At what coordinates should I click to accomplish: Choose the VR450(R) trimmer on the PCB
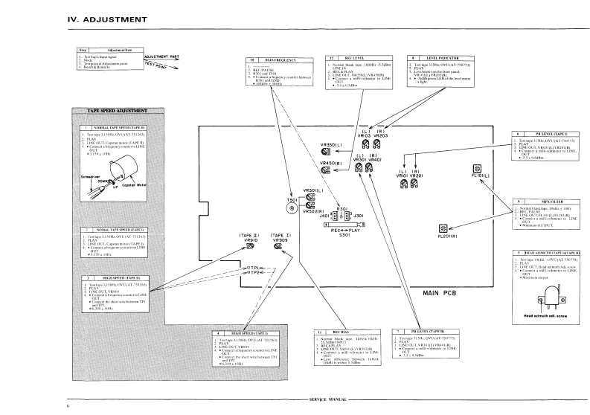325,171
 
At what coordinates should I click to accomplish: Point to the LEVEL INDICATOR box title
431,57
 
